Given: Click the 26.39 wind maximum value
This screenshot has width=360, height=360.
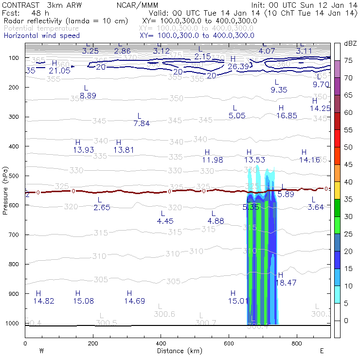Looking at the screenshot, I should click(x=239, y=67).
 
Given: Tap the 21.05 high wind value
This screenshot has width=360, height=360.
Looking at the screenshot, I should click(x=60, y=71).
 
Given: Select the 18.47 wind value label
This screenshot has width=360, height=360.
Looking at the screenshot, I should click(x=287, y=282).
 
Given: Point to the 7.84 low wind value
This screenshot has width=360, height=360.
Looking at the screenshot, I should click(x=142, y=124).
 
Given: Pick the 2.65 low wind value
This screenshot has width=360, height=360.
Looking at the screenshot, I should click(x=102, y=208).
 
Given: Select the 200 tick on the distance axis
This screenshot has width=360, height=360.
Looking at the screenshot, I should click(x=93, y=343).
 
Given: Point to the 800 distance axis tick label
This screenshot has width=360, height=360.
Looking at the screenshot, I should click(x=297, y=343).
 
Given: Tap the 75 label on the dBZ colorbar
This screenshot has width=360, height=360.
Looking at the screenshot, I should click(x=348, y=60).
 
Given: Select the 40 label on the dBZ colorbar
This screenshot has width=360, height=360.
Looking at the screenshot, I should click(x=348, y=182).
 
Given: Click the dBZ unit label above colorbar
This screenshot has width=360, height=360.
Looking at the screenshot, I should click(x=350, y=44).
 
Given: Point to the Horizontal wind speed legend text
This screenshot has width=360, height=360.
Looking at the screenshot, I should click(x=42, y=36).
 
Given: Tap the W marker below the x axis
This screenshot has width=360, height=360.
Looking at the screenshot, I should click(x=42, y=350).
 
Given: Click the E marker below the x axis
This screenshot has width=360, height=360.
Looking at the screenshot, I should click(x=322, y=350).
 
